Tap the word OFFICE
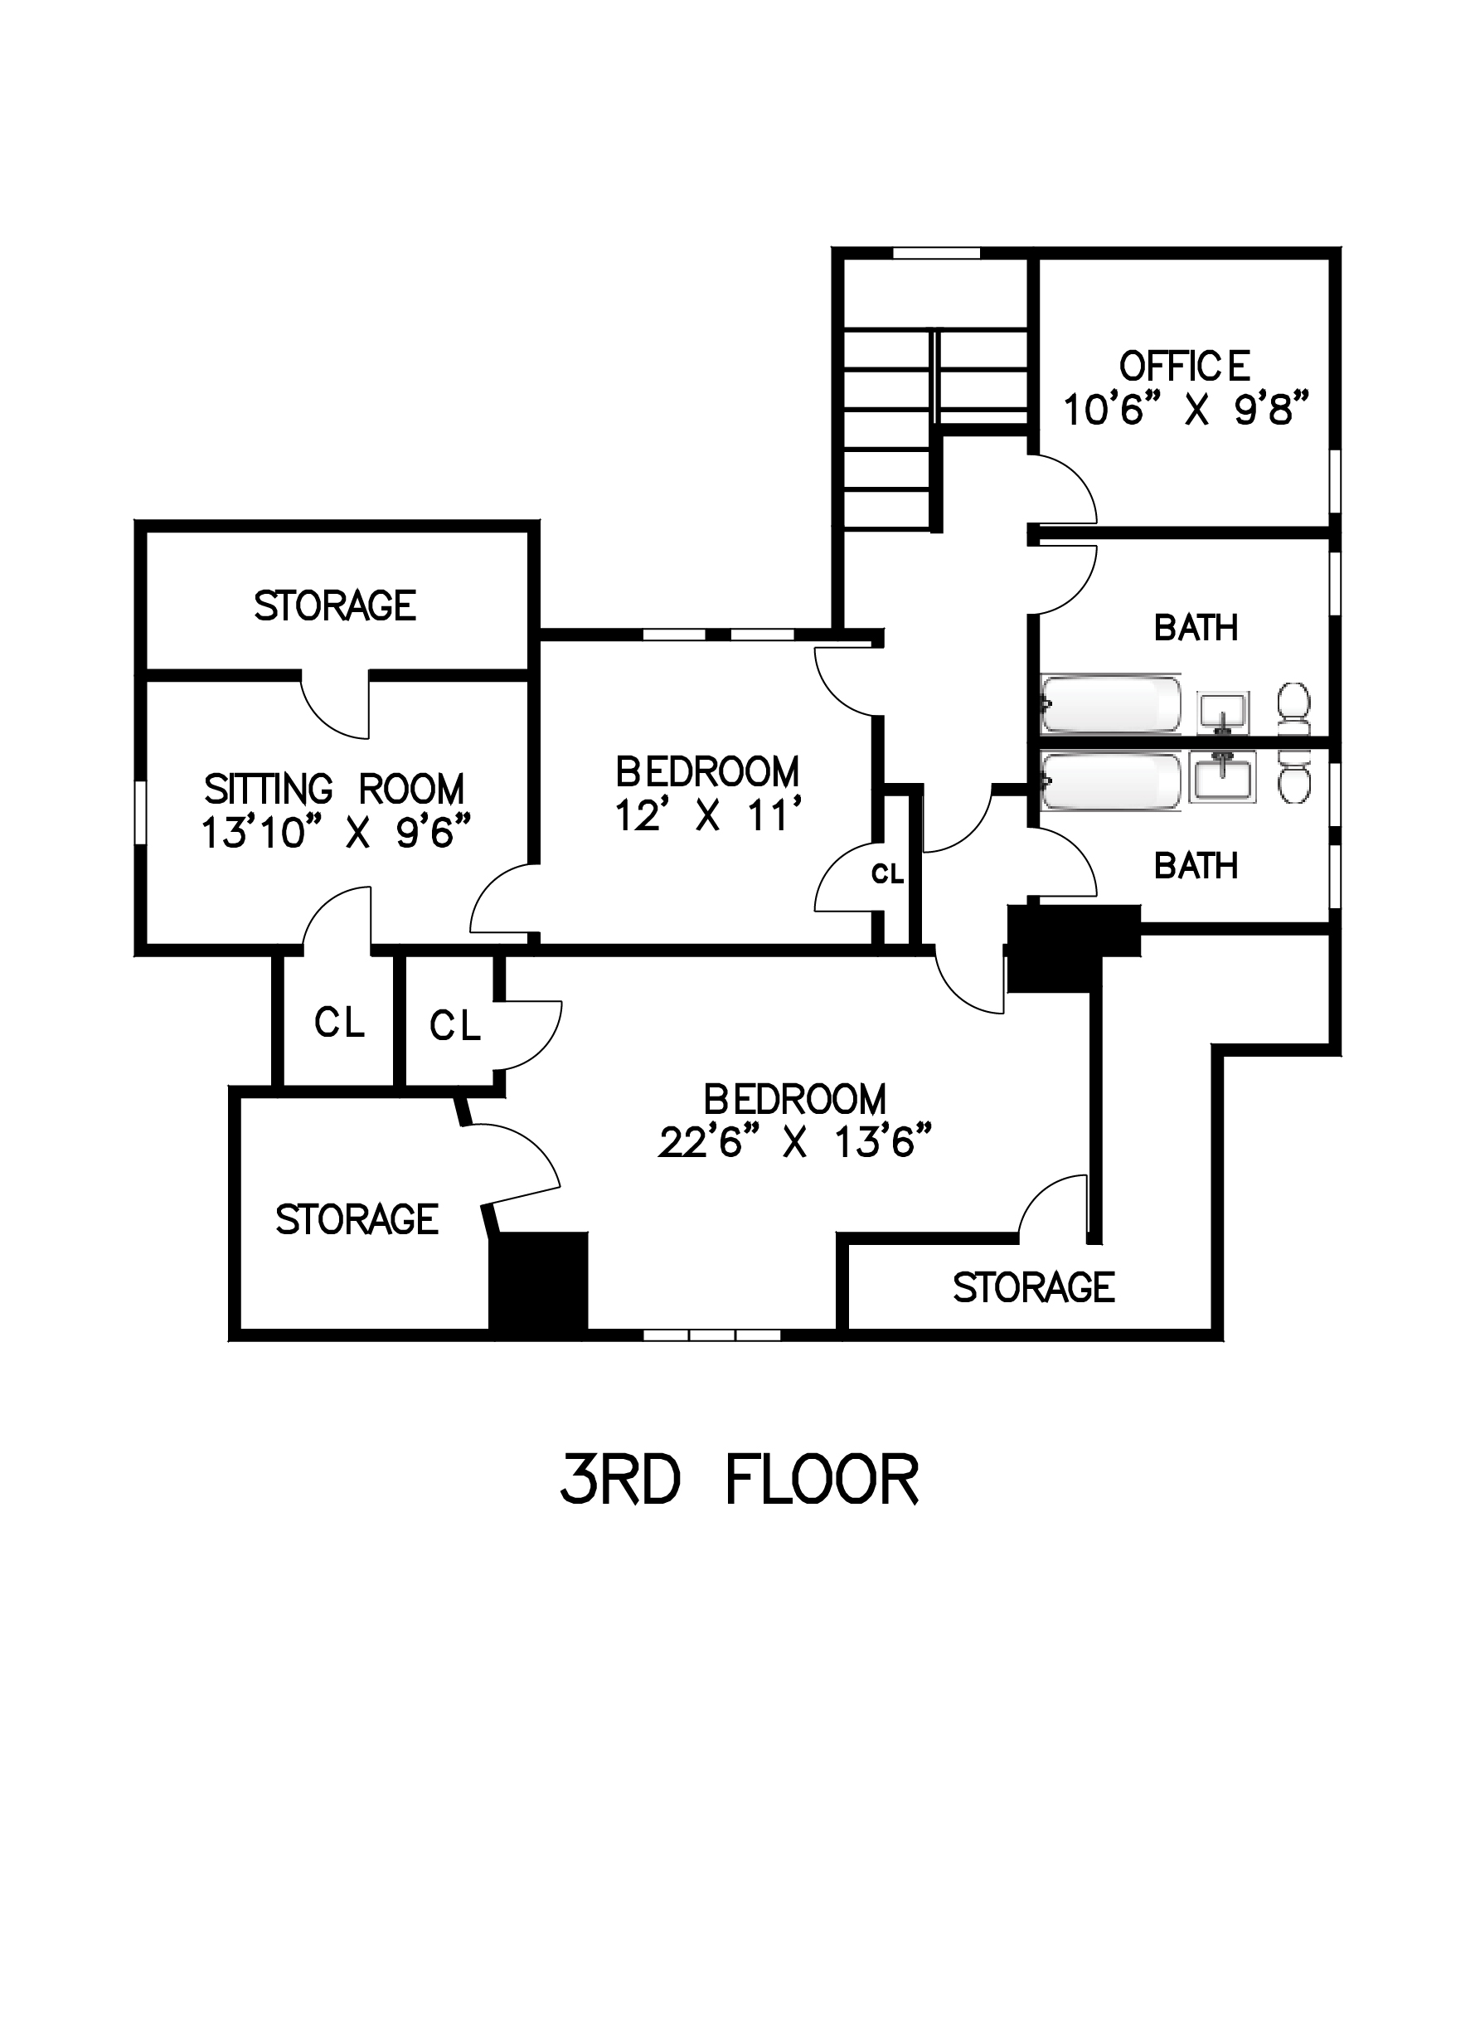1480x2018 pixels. (1184, 366)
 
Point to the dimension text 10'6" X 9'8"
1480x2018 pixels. (1186, 411)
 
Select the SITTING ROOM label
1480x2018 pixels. (334, 790)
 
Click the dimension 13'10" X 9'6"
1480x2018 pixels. (336, 833)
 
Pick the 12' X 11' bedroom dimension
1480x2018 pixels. (707, 815)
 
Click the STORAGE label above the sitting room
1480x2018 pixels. (335, 605)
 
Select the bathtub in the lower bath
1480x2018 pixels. (1112, 781)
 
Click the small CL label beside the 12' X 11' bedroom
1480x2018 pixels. (888, 873)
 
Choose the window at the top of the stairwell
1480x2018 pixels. (936, 253)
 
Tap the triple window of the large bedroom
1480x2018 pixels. (712, 1335)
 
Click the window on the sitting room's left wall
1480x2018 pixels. (141, 812)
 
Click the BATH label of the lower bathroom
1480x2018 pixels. (1196, 866)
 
